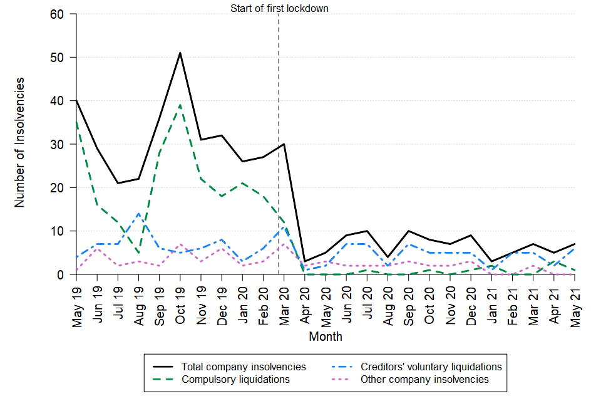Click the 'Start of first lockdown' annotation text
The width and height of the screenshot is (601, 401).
point(279,8)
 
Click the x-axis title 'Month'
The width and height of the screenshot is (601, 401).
point(326,336)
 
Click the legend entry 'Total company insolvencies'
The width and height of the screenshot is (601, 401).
point(244,367)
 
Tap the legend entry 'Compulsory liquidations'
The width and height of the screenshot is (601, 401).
point(235,379)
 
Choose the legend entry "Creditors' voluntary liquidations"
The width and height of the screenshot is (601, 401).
point(431,367)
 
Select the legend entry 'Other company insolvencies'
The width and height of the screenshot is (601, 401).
point(424,379)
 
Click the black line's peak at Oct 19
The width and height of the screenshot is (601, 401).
point(180,53)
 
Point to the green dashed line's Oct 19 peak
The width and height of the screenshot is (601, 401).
point(180,105)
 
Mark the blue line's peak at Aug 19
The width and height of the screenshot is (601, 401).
point(139,214)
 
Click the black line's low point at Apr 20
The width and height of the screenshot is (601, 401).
point(305,261)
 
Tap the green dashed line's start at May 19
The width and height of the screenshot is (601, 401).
point(77,122)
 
